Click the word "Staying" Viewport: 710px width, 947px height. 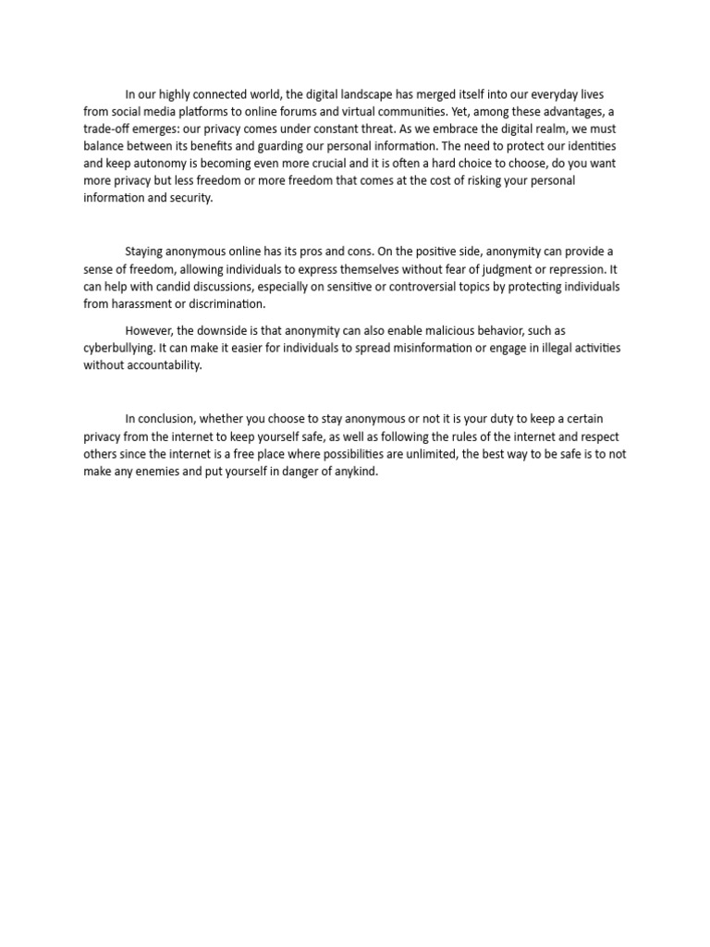pos(145,252)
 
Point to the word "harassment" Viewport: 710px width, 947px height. pos(141,303)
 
